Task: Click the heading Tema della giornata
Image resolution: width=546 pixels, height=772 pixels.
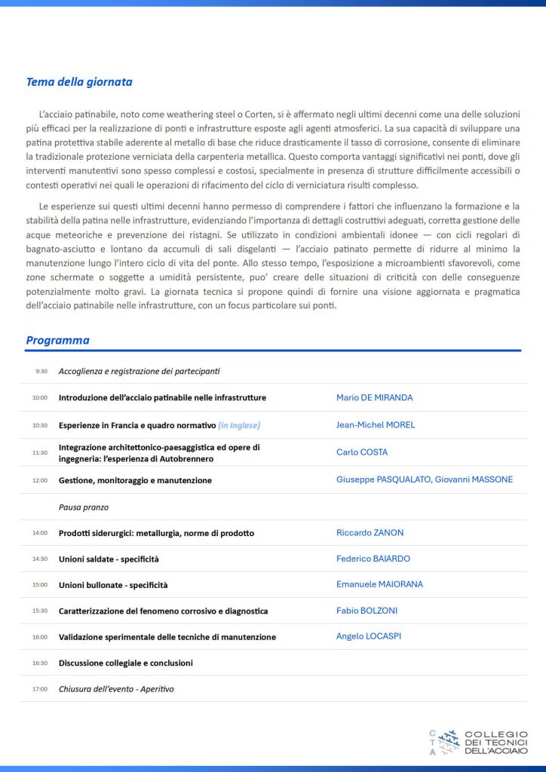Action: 79,82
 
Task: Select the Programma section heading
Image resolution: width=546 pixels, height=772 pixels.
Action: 57,340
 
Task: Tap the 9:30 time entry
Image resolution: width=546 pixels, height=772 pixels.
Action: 41,371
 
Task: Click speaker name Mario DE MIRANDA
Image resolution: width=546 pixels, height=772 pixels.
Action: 374,397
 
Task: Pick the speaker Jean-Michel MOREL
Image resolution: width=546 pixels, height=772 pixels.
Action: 376,424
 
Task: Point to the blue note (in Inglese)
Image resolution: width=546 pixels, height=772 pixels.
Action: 239,425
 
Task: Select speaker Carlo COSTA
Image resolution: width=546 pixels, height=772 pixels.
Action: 362,452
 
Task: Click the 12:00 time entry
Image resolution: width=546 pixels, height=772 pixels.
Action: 39,480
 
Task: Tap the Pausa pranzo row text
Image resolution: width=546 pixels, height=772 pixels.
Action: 84,507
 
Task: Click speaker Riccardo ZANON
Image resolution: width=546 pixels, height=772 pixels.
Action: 370,532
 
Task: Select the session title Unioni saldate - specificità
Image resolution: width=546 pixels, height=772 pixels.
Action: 109,559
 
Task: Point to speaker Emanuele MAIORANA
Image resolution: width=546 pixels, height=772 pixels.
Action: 379,584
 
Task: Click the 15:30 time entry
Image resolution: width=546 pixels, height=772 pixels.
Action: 39,611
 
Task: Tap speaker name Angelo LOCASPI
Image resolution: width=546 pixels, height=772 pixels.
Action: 369,636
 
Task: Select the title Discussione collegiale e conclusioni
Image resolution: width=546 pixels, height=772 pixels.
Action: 125,663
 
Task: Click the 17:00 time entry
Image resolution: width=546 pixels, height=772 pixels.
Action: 39,689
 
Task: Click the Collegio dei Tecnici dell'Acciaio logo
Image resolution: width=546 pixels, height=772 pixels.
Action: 478,742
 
